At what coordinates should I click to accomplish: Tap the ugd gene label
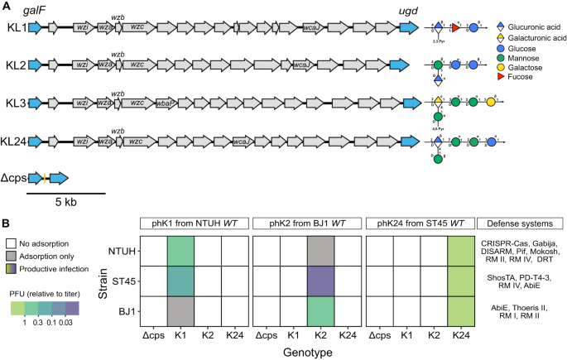[x=410, y=10]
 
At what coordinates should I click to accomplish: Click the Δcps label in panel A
[x=14, y=178]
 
